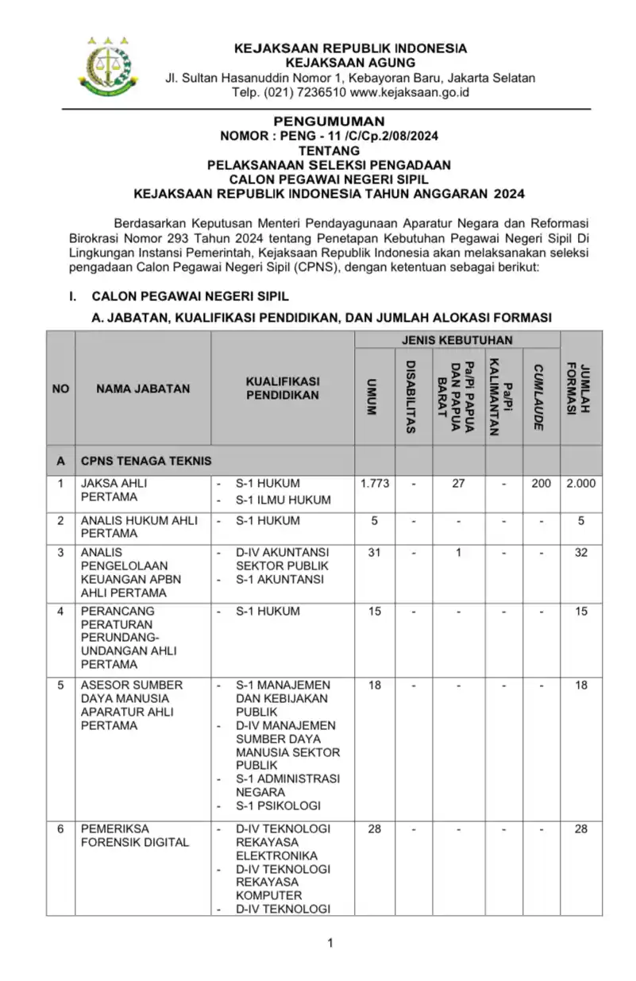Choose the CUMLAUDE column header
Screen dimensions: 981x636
(x=540, y=396)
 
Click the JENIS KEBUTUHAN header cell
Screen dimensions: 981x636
(x=457, y=340)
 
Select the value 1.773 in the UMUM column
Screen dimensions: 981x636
(x=375, y=483)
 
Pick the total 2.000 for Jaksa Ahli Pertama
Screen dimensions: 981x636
(x=580, y=483)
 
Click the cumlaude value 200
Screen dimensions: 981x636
(x=541, y=483)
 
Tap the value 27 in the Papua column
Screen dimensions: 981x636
(x=458, y=483)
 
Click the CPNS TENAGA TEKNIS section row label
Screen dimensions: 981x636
(x=146, y=460)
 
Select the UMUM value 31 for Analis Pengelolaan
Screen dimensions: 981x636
(x=375, y=552)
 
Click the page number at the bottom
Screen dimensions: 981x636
(x=330, y=943)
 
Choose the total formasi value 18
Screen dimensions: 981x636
(x=581, y=685)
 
